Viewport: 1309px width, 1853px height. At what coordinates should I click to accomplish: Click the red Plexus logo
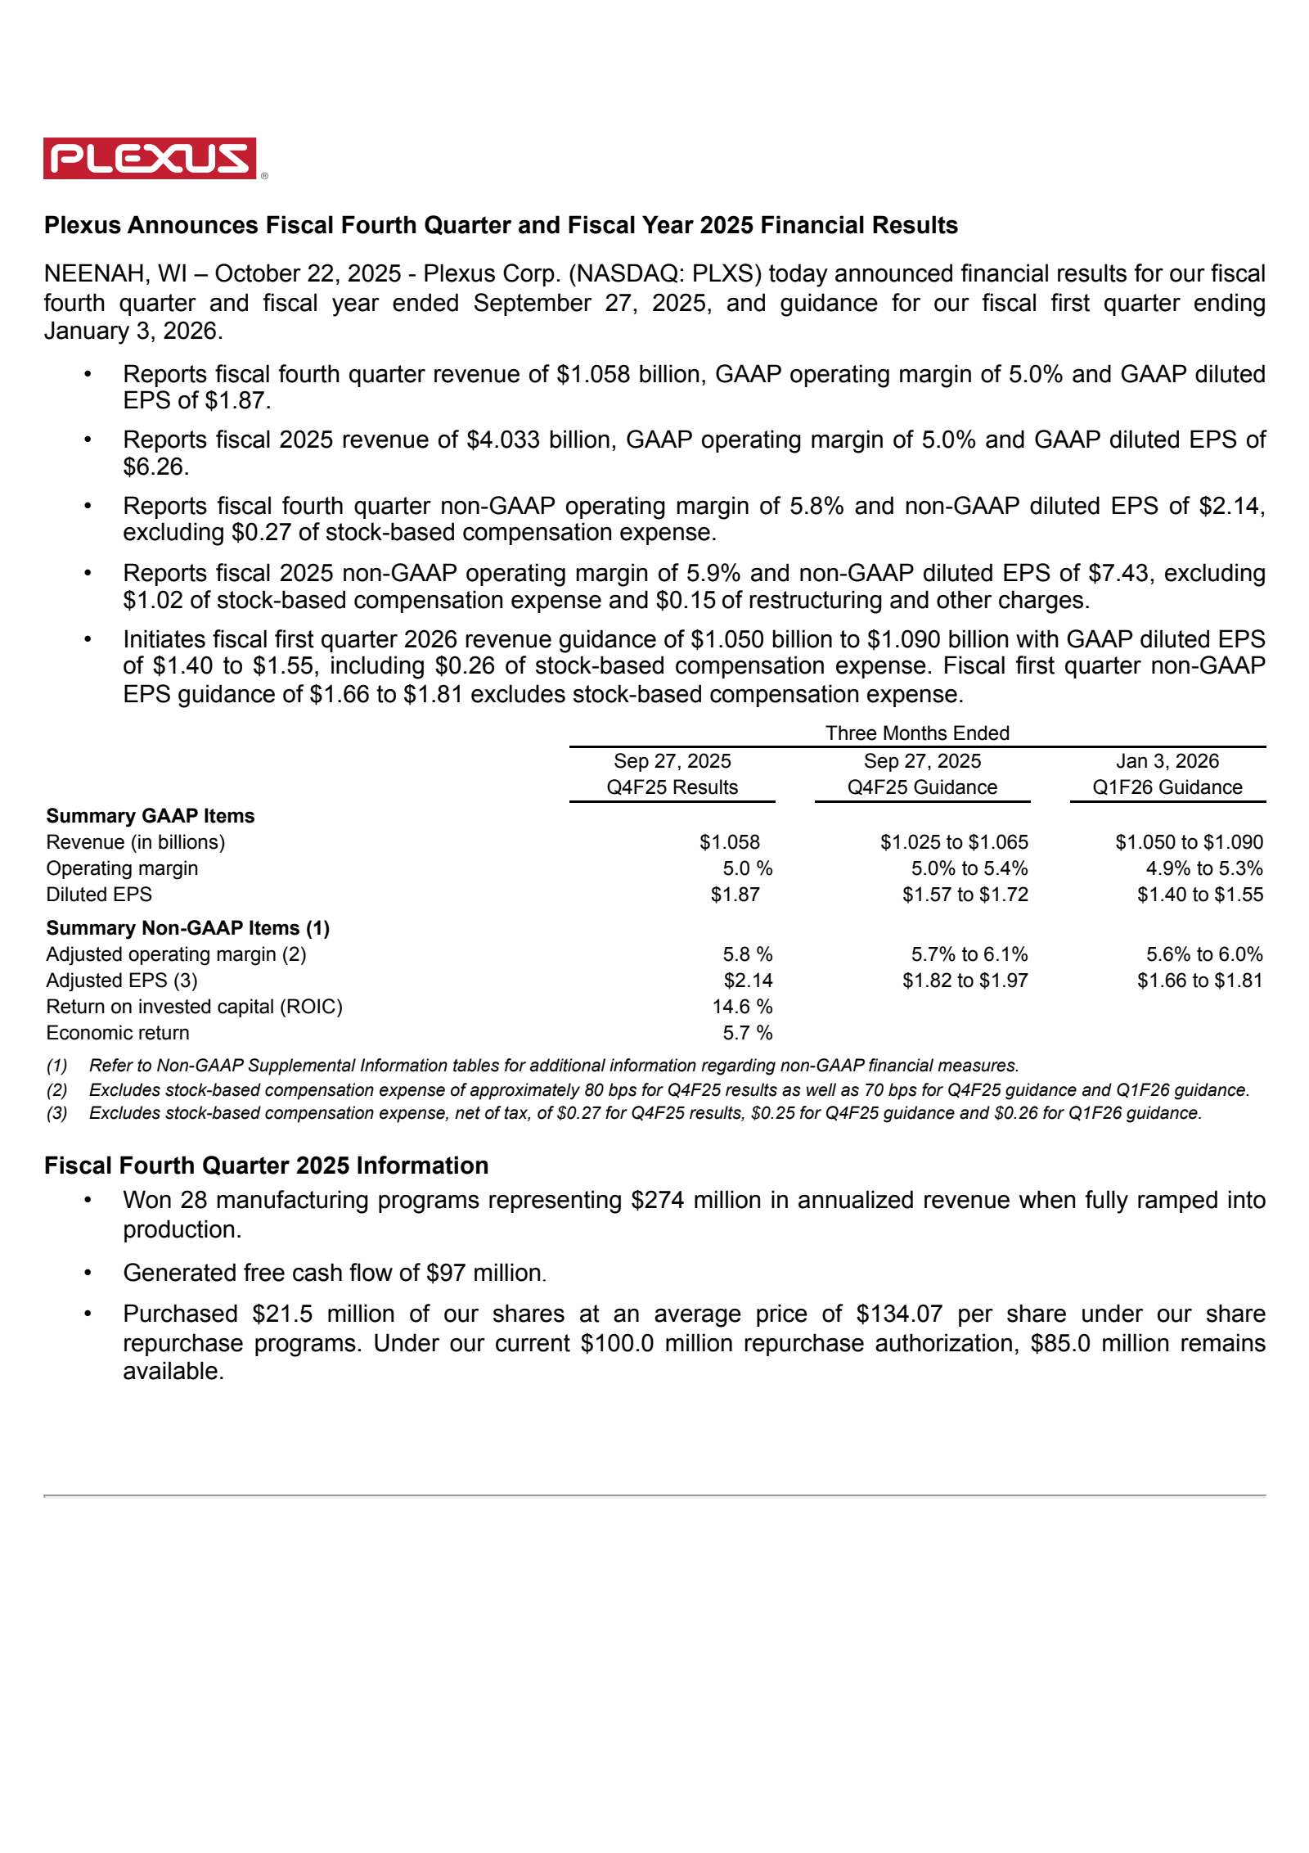[150, 158]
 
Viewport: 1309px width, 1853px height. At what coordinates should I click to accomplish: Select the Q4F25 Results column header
[672, 787]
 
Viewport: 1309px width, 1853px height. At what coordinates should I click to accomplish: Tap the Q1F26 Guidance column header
[1167, 787]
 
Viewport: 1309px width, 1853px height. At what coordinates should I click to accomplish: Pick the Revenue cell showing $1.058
[729, 842]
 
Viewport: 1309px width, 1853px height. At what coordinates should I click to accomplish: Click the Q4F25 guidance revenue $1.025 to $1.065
[954, 842]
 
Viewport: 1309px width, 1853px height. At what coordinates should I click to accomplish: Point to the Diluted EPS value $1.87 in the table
[735, 895]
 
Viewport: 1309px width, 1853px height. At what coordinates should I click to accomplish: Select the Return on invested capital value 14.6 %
[741, 1007]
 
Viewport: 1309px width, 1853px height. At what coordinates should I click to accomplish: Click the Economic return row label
[118, 1033]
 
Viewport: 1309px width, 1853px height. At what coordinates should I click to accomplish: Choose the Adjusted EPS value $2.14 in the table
[748, 981]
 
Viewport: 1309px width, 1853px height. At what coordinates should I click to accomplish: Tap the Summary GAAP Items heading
[151, 816]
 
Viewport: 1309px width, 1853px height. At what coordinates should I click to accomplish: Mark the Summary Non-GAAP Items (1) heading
[188, 928]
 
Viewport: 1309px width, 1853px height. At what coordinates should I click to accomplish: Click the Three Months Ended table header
[917, 733]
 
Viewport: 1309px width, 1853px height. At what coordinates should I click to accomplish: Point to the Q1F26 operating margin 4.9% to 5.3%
[1204, 868]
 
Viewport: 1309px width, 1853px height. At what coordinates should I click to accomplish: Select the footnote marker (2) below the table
[56, 1090]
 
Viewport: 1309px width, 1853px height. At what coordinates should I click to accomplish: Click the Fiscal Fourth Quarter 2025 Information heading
[266, 1165]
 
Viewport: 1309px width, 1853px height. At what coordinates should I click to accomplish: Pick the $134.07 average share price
[899, 1314]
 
